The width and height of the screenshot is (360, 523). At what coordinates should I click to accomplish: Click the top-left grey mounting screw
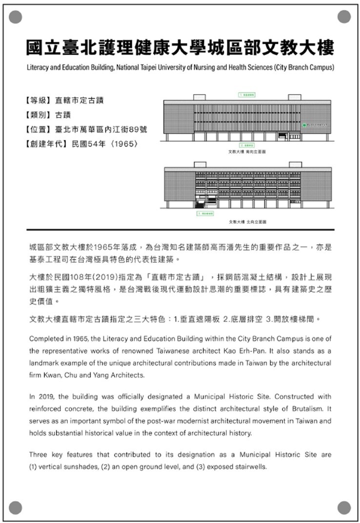(x=16, y=17)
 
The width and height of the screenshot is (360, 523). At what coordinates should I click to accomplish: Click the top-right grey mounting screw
(x=344, y=17)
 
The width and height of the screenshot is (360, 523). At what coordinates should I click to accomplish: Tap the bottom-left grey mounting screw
(x=16, y=507)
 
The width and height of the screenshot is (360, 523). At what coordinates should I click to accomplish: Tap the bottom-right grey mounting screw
(x=344, y=507)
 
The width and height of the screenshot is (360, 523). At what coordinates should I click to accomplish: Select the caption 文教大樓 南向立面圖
(x=248, y=152)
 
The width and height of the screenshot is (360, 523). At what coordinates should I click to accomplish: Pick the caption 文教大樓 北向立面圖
(x=248, y=221)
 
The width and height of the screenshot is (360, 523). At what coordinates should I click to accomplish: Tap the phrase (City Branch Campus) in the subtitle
(x=304, y=67)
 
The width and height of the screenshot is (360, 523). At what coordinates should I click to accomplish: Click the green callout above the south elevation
(x=248, y=94)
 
